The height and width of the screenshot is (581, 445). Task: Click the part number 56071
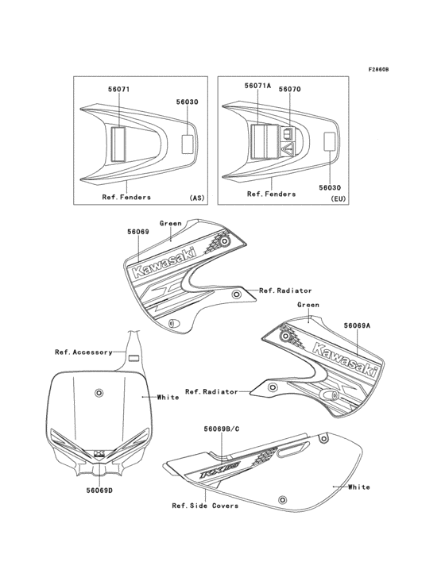point(119,90)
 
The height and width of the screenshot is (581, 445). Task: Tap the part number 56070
point(288,90)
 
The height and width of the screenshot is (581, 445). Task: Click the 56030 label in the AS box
point(188,102)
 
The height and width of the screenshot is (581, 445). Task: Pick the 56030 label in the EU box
point(329,187)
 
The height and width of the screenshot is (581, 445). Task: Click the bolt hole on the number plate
point(99,393)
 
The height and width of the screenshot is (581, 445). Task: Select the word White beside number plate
point(168,397)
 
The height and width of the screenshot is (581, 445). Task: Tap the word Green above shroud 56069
point(172,223)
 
